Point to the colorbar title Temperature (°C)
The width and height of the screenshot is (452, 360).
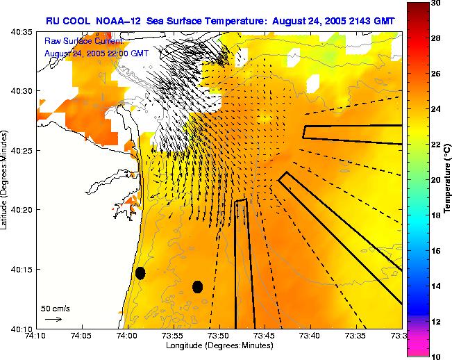[448, 180]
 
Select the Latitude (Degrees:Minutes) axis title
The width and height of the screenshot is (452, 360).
[6, 180]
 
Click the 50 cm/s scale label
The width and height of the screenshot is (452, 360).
[55, 307]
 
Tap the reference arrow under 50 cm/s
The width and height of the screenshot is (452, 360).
[53, 319]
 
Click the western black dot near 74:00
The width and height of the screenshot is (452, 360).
[140, 273]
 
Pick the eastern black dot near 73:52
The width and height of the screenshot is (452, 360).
[197, 286]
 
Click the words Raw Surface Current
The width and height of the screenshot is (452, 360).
[83, 41]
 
